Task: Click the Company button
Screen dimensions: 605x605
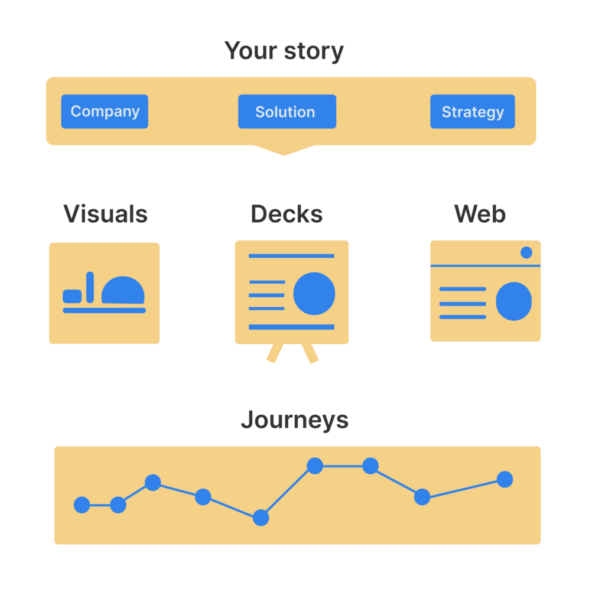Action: point(105,112)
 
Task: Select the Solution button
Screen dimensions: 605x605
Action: point(287,112)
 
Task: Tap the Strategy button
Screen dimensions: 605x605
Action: point(472,112)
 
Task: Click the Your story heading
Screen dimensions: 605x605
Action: point(284,51)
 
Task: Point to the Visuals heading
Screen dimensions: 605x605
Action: point(105,214)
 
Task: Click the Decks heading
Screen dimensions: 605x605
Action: point(287,214)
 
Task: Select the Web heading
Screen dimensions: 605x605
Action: point(480,214)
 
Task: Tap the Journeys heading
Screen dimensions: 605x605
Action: point(294,421)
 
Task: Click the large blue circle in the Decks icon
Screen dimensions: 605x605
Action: point(314,294)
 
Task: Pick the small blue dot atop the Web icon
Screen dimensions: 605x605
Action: point(526,253)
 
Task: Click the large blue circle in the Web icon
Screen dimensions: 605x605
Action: point(513,301)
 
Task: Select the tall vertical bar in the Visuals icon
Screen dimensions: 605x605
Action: point(90,288)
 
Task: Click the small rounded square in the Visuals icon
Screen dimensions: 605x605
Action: point(72,296)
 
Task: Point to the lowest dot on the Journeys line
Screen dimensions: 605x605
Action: point(261,518)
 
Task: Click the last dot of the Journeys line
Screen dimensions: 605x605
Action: point(505,479)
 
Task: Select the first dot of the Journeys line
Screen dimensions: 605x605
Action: point(82,505)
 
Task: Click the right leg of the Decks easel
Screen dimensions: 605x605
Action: point(311,353)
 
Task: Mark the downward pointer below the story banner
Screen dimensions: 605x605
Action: point(284,150)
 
